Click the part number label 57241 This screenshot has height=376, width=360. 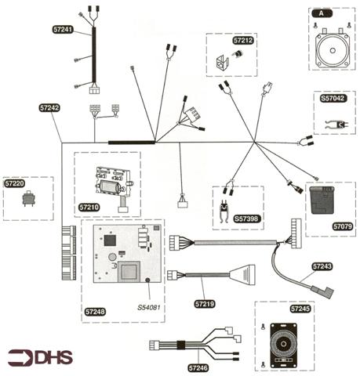point(63,29)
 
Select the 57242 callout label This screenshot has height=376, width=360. point(49,107)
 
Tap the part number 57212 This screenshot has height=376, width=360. point(243,40)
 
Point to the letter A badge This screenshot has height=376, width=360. point(322,13)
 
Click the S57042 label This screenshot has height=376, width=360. point(333,98)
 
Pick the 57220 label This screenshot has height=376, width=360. point(15,183)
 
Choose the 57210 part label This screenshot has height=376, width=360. point(89,208)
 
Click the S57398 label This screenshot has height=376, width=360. point(246,219)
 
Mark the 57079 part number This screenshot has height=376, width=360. point(343,226)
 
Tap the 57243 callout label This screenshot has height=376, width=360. point(322,266)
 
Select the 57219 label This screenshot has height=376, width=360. point(205,304)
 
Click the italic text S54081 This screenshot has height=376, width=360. point(149,307)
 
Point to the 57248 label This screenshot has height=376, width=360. point(95,312)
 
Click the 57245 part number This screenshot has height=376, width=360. point(300,309)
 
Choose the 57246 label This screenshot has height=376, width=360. point(198,368)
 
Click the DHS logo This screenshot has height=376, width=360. point(40,358)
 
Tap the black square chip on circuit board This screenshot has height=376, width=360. point(110,240)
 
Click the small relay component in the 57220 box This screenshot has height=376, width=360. point(29,199)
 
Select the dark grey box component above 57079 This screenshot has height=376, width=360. point(322,200)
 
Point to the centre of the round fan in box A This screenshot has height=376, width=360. point(333,50)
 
